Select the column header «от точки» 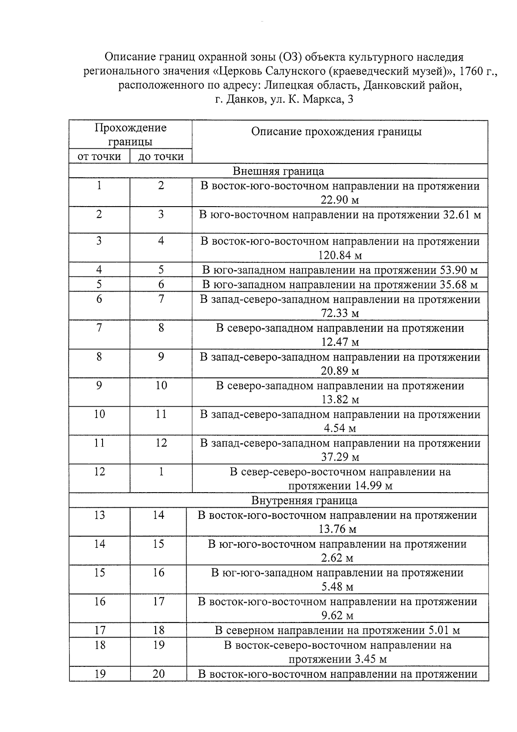[99, 156]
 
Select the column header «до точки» [161, 156]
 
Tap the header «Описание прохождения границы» [336, 132]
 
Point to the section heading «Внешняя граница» [278, 171]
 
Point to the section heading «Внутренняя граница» [304, 500]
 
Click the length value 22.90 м [340, 200]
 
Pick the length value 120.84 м [340, 255]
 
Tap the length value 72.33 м [340, 313]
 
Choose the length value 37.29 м [340, 456]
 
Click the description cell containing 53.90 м [340, 270]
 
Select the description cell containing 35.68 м [340, 285]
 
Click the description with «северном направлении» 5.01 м [337, 630]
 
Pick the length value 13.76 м [337, 529]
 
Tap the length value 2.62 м [337, 558]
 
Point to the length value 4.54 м [340, 428]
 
